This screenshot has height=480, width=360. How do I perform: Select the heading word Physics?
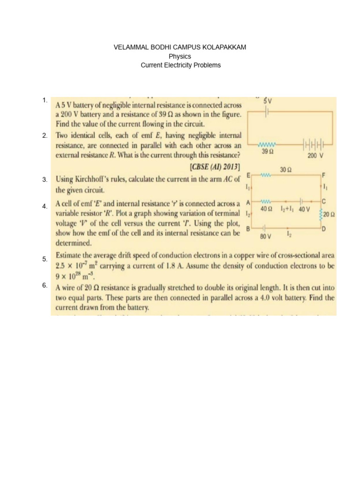coord(180,57)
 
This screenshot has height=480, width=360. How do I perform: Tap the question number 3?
coord(44,180)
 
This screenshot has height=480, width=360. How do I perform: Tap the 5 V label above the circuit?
coord(267,101)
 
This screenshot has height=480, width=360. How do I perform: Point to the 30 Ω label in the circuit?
coord(286,169)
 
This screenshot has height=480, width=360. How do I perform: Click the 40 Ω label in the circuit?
coord(267,208)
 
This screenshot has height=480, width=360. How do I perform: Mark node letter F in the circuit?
coord(323,174)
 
